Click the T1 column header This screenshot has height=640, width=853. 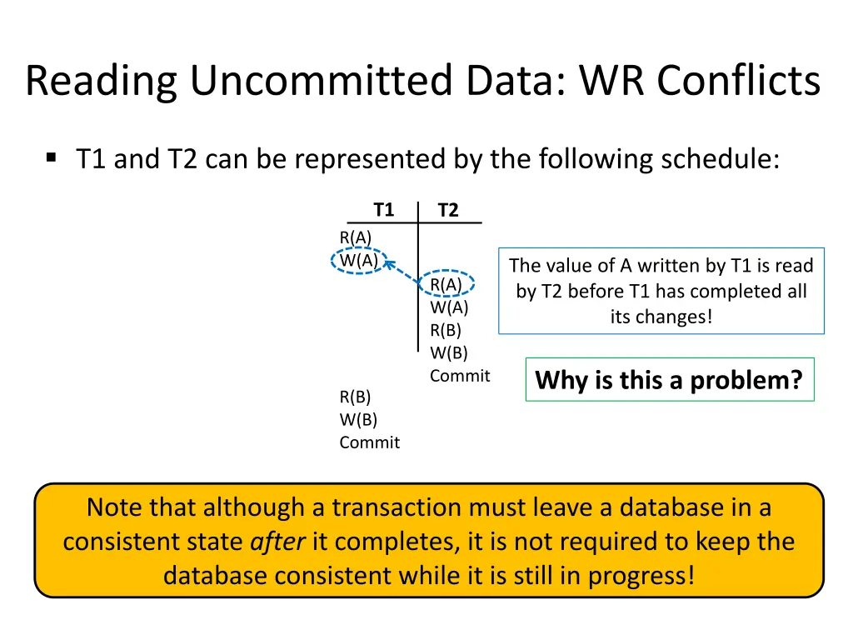point(383,209)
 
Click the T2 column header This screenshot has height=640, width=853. point(448,210)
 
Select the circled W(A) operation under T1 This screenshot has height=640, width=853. point(358,260)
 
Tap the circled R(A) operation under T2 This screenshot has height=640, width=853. point(446,284)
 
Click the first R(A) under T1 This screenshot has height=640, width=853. point(356,237)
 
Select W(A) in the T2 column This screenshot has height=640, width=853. point(449,307)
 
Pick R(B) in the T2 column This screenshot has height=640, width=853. point(446,330)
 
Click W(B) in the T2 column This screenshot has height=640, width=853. point(449,352)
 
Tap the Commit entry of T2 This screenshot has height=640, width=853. point(460,376)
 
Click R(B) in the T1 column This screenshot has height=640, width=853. point(355,397)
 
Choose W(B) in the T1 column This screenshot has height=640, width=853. point(358,420)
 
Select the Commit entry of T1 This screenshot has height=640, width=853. point(369,442)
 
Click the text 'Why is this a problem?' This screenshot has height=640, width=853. point(669,380)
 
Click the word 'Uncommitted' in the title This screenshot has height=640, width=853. point(322,82)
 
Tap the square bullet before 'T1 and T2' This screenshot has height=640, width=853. point(52,157)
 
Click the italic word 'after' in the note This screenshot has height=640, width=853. point(278,542)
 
